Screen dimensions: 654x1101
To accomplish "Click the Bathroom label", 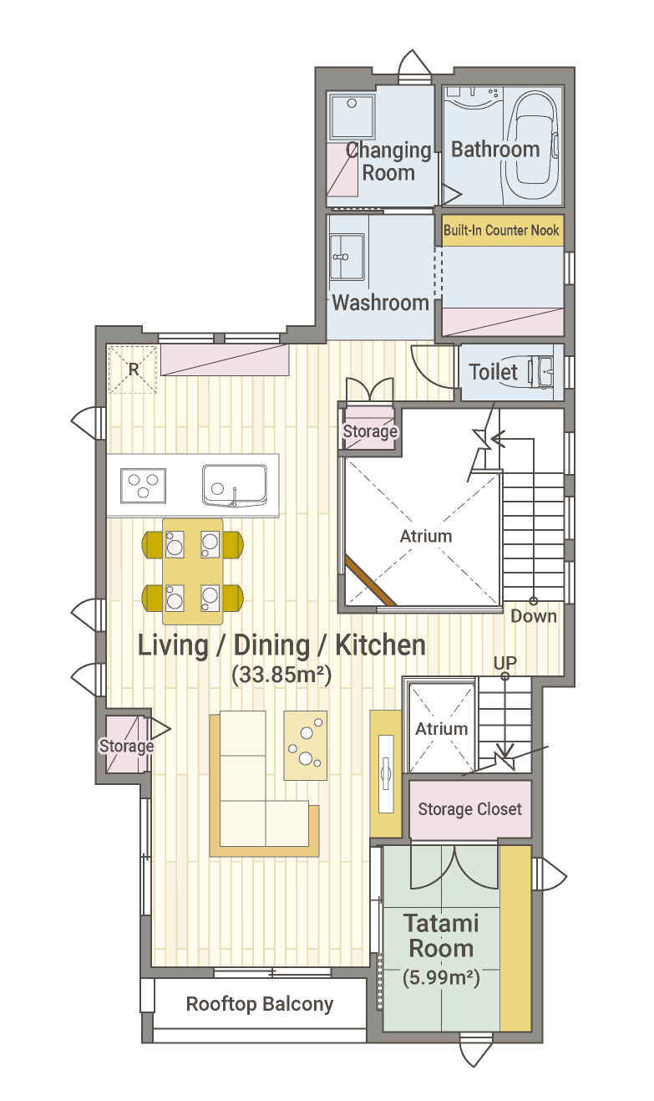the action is (x=495, y=150).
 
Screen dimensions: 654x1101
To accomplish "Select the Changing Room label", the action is (x=388, y=161).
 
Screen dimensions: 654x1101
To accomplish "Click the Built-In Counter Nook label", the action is (x=501, y=230).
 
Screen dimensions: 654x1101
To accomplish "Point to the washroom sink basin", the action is (x=347, y=257).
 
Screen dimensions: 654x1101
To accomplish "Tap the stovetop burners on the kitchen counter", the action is (x=143, y=486).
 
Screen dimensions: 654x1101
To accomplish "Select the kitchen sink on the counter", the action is (x=235, y=486).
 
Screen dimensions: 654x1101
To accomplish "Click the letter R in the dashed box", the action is (x=134, y=370).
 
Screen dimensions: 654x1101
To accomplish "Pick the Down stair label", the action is (x=534, y=616).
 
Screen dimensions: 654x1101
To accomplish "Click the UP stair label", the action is (x=505, y=663).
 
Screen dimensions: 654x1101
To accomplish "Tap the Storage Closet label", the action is (x=470, y=809).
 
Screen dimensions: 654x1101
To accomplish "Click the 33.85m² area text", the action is (x=281, y=675).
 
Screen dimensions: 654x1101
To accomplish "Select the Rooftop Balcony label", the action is (x=260, y=1004).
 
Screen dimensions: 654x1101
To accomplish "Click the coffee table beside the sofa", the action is (x=306, y=745).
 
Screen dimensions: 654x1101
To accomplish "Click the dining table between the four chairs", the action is (x=192, y=571).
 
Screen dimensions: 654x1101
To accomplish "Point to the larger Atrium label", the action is (x=426, y=536).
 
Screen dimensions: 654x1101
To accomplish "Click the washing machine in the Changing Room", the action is (x=352, y=116).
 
